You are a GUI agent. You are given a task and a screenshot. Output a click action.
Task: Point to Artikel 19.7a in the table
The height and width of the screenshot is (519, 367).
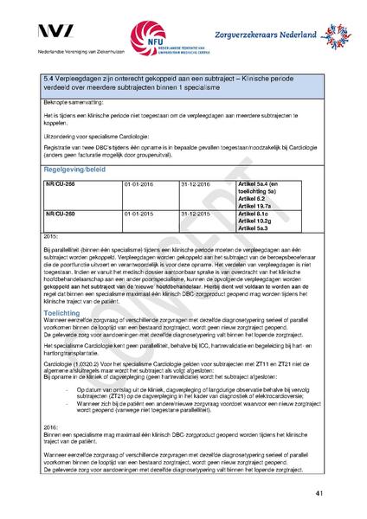point(254,206)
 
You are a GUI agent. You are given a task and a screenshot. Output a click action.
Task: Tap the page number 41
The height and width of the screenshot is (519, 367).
point(319,493)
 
